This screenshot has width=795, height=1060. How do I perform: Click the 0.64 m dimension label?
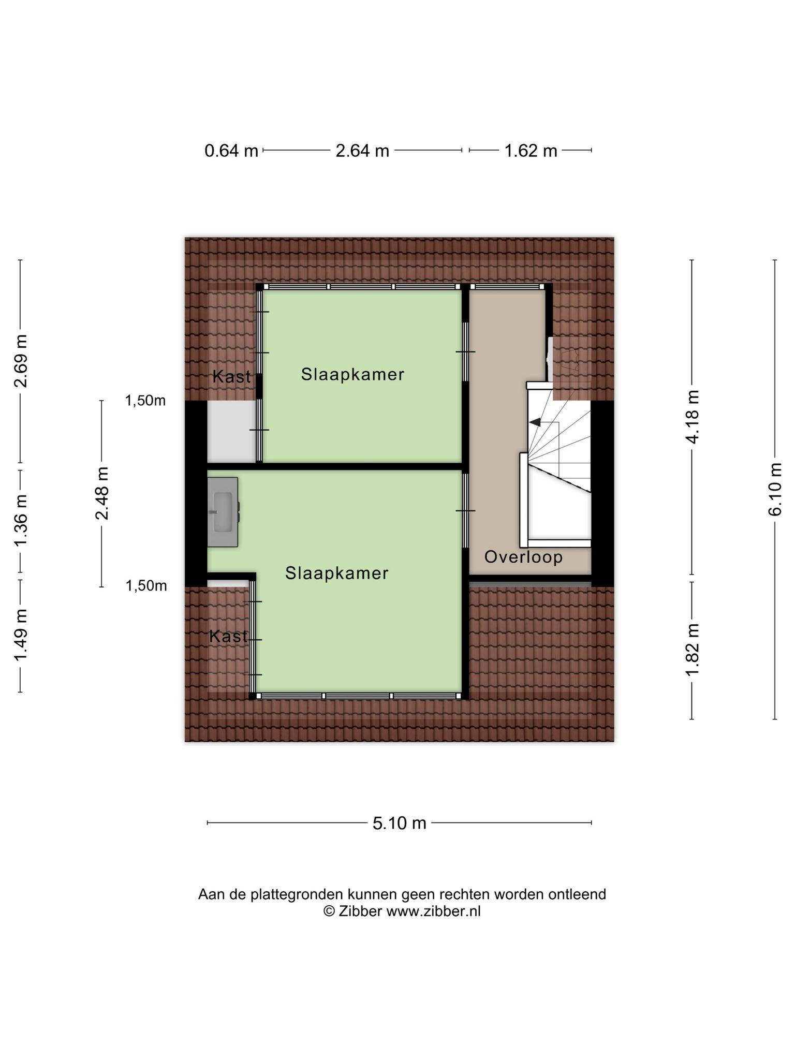coord(231,151)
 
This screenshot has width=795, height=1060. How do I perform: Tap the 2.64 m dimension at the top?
coord(362,151)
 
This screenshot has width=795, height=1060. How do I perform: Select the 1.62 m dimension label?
coord(531,151)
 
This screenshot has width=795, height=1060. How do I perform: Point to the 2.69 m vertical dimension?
coord(21,361)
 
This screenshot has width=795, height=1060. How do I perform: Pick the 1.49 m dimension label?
coord(21,635)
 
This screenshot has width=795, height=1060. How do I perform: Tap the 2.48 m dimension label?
coord(101,493)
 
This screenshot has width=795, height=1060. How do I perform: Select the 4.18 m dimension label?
coord(692,417)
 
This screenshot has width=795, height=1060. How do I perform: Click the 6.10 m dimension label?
coord(775,489)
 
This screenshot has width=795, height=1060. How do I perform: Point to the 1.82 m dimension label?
coord(692,649)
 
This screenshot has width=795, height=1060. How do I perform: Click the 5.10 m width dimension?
coord(399,822)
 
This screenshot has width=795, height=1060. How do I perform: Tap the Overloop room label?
coord(523,557)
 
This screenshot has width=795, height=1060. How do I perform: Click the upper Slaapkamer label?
coord(352,374)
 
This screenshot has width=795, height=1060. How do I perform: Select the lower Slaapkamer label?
coord(336,573)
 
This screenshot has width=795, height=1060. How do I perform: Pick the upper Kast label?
coord(231,377)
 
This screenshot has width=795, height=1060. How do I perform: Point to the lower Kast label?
coord(228,636)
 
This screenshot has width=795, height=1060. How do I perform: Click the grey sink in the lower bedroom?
coord(223,512)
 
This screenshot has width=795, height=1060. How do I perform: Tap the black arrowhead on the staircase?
coord(535,422)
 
